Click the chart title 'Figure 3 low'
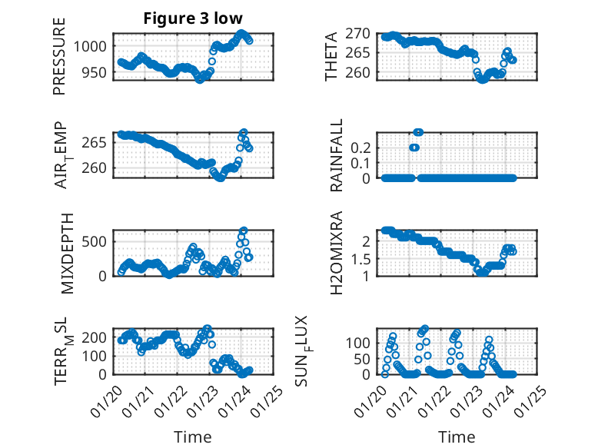(x=191, y=19)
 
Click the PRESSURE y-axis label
(x=60, y=57)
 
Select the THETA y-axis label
(x=332, y=57)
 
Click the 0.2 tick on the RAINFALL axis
(x=361, y=147)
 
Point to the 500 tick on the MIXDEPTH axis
(x=97, y=241)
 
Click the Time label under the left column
(x=192, y=436)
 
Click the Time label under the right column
(x=457, y=436)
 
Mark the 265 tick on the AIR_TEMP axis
(x=97, y=143)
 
